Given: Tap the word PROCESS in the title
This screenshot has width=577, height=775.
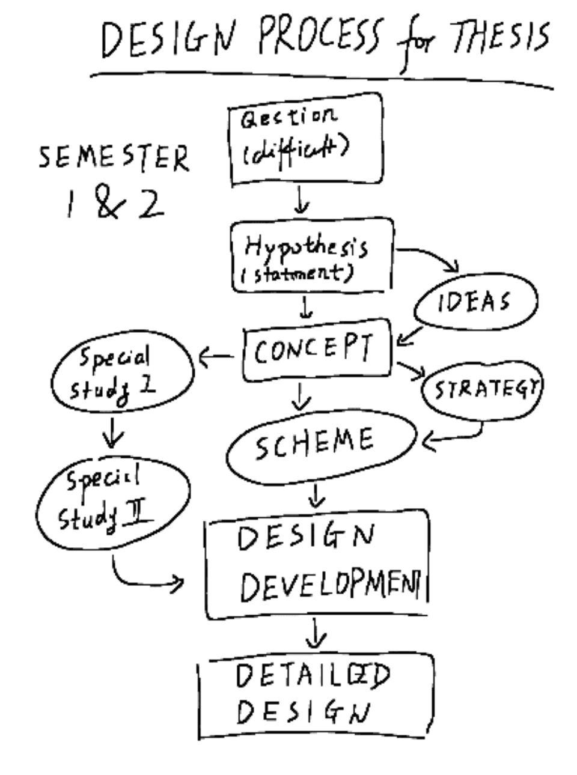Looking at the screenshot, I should pyautogui.click(x=319, y=37).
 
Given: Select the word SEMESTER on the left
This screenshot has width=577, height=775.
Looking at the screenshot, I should pyautogui.click(x=114, y=159).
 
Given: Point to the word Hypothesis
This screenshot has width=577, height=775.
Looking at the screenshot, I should pyautogui.click(x=306, y=246).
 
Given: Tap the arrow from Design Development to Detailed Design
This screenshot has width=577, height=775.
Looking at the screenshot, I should pyautogui.click(x=315, y=634).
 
